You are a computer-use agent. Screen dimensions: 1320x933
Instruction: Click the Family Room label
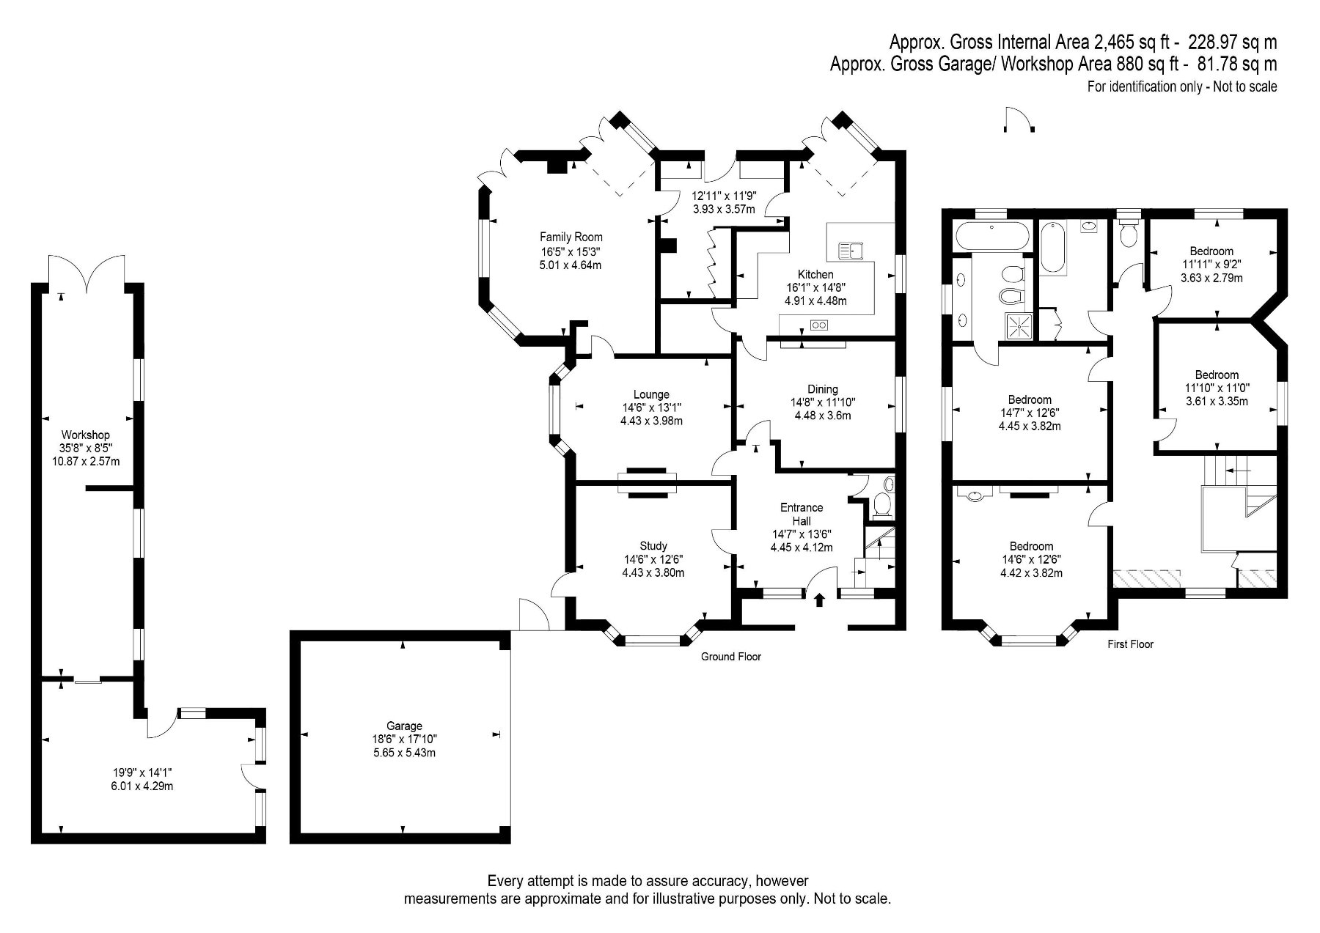click(x=571, y=237)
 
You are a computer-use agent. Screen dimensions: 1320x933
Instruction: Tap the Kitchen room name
click(x=815, y=274)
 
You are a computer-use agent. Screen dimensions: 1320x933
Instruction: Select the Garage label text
click(x=403, y=726)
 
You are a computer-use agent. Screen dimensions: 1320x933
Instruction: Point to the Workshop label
click(x=86, y=435)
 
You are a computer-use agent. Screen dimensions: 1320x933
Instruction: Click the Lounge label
click(x=651, y=394)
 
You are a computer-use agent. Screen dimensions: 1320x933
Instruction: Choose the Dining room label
click(x=823, y=389)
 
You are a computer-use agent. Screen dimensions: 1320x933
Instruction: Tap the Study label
click(x=653, y=546)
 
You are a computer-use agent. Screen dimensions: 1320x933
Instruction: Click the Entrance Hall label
click(x=802, y=514)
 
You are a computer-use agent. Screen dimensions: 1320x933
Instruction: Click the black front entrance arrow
click(x=819, y=600)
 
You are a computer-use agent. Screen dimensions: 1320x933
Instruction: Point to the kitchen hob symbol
click(x=818, y=325)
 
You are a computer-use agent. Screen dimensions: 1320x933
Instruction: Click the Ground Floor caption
click(x=731, y=657)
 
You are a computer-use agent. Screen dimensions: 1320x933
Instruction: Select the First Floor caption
click(x=1130, y=644)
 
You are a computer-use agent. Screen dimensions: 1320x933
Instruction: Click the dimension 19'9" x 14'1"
click(x=142, y=772)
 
